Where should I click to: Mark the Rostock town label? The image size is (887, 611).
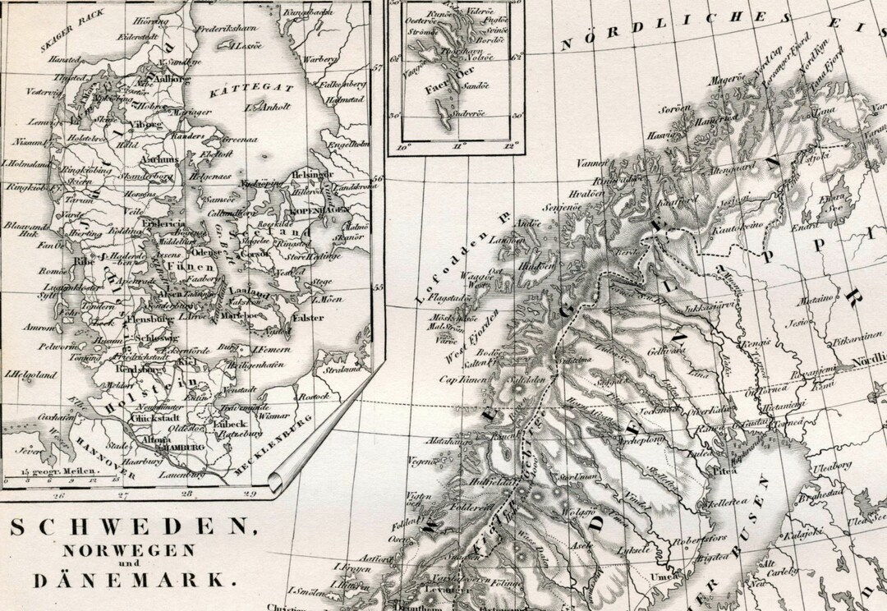[x=313, y=396]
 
